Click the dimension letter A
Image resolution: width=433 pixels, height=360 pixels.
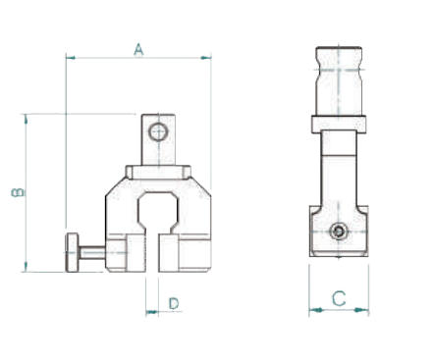click(138, 50)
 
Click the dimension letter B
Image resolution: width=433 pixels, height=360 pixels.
click(19, 192)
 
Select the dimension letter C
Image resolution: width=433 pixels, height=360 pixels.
click(339, 298)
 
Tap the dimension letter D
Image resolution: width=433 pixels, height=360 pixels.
click(174, 303)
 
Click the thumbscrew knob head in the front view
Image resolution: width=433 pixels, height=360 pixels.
click(73, 252)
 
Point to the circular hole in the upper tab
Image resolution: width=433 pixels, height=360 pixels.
click(158, 132)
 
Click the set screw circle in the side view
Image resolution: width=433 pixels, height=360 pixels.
click(339, 231)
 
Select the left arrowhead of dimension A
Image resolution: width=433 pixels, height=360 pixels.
click(71, 58)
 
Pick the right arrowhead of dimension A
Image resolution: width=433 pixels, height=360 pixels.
click(206, 58)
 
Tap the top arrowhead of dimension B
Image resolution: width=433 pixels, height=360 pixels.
click(26, 119)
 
